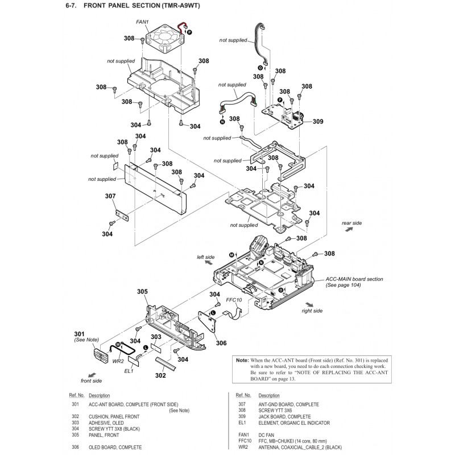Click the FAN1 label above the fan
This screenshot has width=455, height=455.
click(x=142, y=22)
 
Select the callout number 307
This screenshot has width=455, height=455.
click(x=110, y=196)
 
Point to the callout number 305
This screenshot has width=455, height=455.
click(x=142, y=292)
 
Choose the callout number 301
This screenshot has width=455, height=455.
click(x=79, y=333)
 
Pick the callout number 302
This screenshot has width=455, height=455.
click(x=161, y=375)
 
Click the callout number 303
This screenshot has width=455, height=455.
click(x=156, y=337)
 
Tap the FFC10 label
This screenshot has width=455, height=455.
click(x=234, y=299)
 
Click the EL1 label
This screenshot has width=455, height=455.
click(x=129, y=371)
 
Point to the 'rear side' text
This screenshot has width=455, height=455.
click(x=351, y=223)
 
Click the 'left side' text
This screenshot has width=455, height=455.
click(x=205, y=257)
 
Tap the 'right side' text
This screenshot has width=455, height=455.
click(x=312, y=311)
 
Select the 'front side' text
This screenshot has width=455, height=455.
click(x=91, y=380)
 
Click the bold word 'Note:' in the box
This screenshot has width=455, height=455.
click(x=242, y=361)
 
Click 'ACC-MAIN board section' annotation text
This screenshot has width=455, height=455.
click(x=354, y=279)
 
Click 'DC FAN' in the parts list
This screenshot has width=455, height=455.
click(x=268, y=435)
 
